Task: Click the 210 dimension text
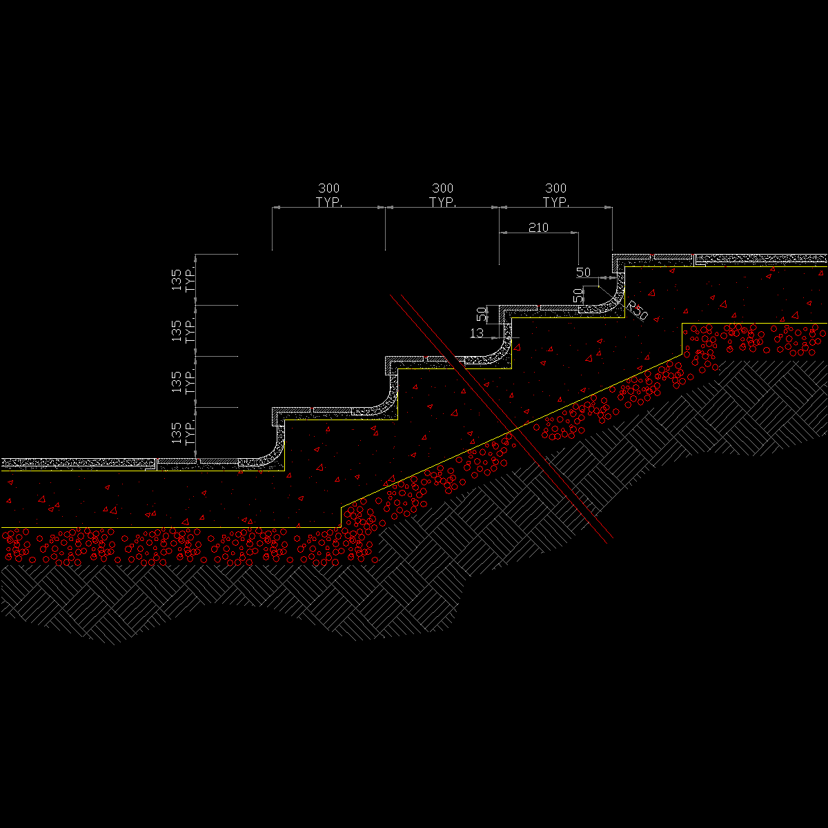tap(538, 227)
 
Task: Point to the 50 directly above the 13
tap(482, 315)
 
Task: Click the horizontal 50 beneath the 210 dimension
tap(583, 273)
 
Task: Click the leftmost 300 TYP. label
tap(328, 195)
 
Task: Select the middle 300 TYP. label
tap(442, 195)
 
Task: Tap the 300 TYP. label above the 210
tap(555, 195)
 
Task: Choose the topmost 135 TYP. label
tap(183, 279)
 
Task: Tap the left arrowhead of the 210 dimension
tap(503, 233)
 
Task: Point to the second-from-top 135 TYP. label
tap(183, 331)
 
